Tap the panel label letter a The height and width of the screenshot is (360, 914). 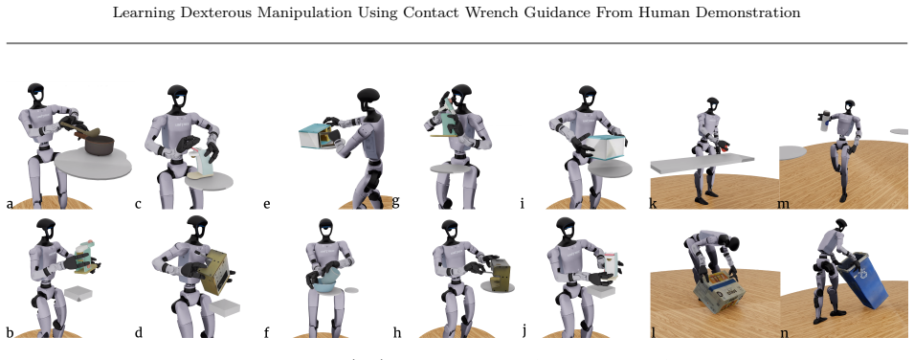[x=10, y=204]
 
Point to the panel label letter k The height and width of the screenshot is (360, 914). [x=654, y=204]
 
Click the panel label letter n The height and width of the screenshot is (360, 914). [x=785, y=333]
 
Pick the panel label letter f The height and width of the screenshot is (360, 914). [x=266, y=332]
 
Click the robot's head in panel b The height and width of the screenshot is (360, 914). [x=46, y=230]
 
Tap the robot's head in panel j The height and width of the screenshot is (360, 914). [x=565, y=229]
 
